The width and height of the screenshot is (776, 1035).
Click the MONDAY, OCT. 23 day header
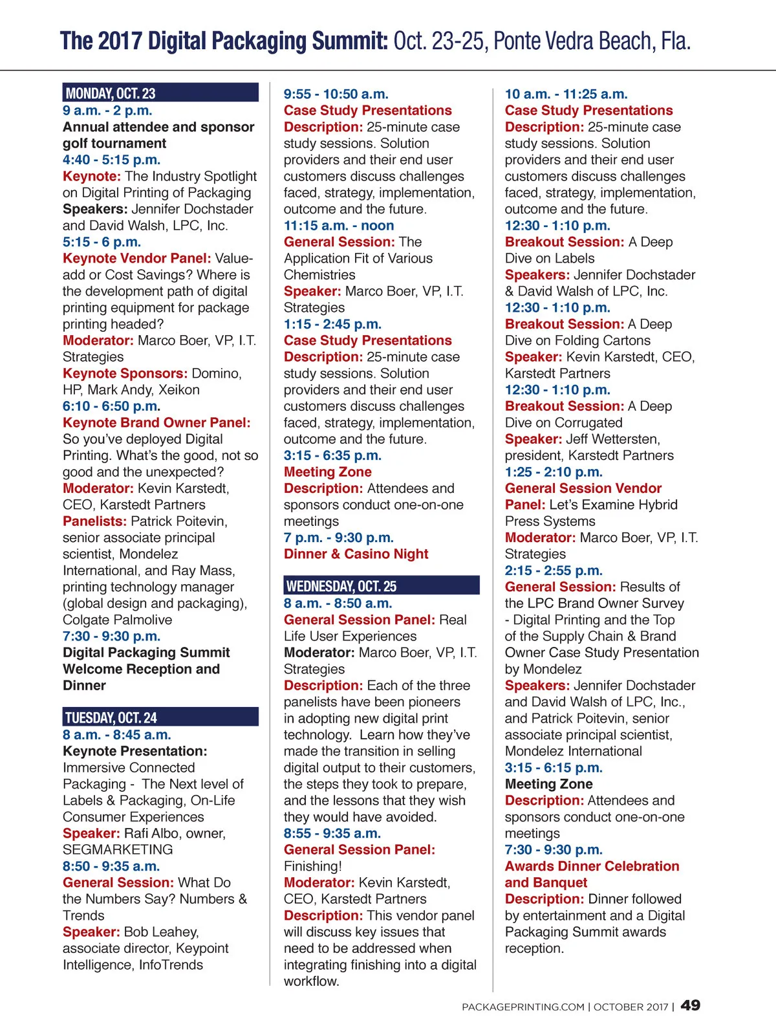[111, 93]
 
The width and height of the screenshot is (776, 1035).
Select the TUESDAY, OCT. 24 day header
[111, 717]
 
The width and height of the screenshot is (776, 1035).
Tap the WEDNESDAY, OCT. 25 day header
[341, 586]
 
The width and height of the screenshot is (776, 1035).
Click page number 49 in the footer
[691, 1005]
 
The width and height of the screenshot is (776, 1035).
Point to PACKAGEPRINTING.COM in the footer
[523, 1007]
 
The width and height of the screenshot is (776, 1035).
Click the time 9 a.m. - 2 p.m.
[107, 110]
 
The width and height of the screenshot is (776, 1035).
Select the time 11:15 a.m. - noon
[339, 225]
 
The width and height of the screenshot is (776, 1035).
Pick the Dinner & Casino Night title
[356, 554]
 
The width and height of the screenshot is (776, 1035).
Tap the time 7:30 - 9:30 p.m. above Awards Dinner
[554, 849]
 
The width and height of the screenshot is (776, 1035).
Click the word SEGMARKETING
[118, 849]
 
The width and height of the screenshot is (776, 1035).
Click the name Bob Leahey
[160, 931]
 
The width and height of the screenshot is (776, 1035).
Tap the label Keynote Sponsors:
[125, 373]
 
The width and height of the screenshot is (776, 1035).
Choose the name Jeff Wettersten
[613, 439]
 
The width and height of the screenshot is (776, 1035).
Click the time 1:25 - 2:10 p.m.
[554, 472]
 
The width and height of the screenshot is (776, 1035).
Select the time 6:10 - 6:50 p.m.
[111, 406]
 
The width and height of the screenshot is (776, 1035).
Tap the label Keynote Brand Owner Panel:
[156, 422]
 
